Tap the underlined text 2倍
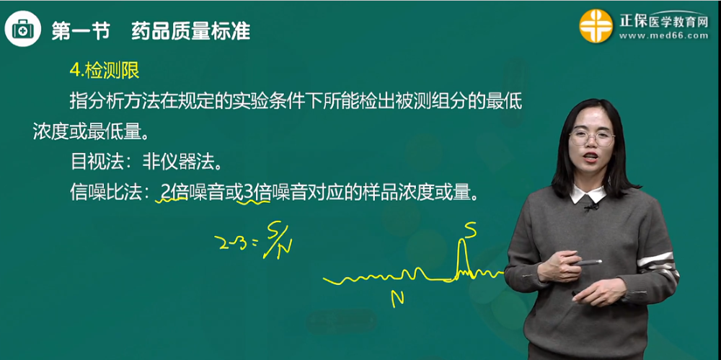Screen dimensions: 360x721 click(173, 192)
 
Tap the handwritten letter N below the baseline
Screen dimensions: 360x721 click(396, 297)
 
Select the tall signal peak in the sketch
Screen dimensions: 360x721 click(462, 257)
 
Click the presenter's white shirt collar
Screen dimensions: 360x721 click(588, 194)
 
